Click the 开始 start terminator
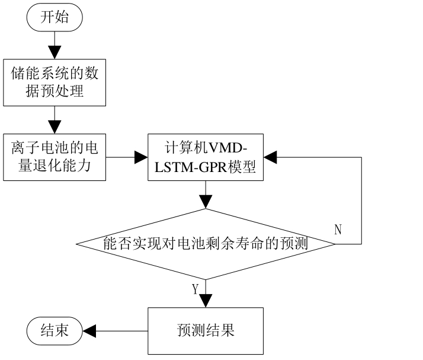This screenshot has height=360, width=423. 54,17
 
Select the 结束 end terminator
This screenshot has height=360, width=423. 54,330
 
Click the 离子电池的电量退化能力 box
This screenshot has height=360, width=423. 55,157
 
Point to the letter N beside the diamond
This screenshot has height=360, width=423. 338,230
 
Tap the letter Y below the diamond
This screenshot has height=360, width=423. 194,289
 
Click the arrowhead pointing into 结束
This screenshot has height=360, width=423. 88,330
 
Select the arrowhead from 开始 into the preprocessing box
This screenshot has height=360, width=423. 54,52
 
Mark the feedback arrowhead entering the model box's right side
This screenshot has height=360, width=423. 271,157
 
